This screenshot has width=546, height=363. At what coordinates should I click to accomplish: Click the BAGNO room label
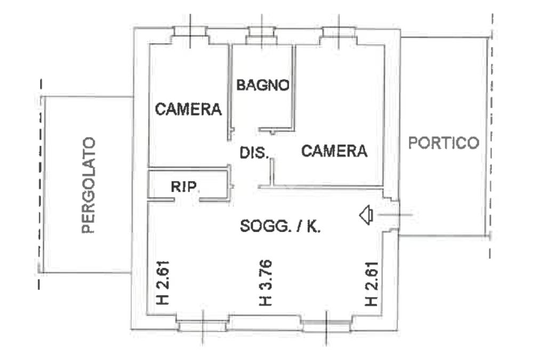(x=263, y=85)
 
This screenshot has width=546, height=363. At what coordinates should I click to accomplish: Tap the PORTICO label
(x=444, y=143)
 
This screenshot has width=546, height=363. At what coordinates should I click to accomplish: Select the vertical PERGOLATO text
(x=89, y=185)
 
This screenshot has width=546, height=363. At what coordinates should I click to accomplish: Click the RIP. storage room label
(x=184, y=187)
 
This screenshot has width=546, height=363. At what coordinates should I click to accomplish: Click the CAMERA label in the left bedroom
(x=188, y=109)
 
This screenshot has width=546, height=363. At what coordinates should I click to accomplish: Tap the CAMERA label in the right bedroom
(x=334, y=151)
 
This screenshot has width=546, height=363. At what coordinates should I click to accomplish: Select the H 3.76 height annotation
(x=265, y=283)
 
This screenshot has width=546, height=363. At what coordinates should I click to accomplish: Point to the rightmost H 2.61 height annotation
(x=372, y=284)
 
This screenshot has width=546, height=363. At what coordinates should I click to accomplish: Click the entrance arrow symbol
(x=365, y=215)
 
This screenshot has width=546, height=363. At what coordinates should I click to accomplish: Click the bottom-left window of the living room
(x=203, y=325)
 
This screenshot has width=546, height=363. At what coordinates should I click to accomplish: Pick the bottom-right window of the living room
(x=326, y=324)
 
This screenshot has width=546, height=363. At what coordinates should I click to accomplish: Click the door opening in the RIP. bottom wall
(x=187, y=200)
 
